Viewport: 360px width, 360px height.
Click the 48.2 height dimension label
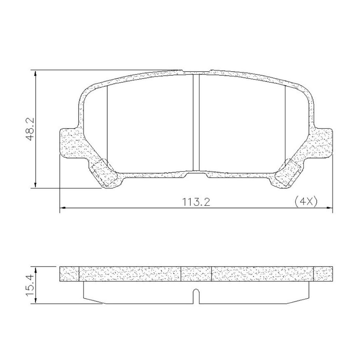coord(30,129)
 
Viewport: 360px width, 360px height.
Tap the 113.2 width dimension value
coord(196,202)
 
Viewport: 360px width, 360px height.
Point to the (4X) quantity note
coord(306,202)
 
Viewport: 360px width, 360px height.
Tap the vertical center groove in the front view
coord(196,123)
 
